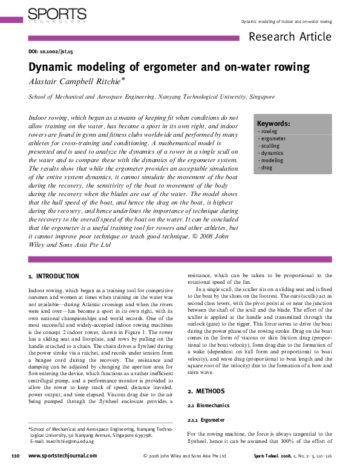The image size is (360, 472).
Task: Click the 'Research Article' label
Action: click(290, 36)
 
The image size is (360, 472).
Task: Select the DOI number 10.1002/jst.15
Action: click(59, 53)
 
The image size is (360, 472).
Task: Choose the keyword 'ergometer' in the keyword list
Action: click(272, 139)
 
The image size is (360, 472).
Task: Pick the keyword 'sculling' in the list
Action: click(270, 146)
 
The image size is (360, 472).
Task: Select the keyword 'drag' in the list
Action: click(266, 168)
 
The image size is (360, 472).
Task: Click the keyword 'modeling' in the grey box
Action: click(270, 160)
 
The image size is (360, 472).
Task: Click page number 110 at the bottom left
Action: click(16, 455)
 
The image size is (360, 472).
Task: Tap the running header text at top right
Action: click(286, 21)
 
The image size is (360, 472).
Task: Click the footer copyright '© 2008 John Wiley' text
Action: click(176, 456)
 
